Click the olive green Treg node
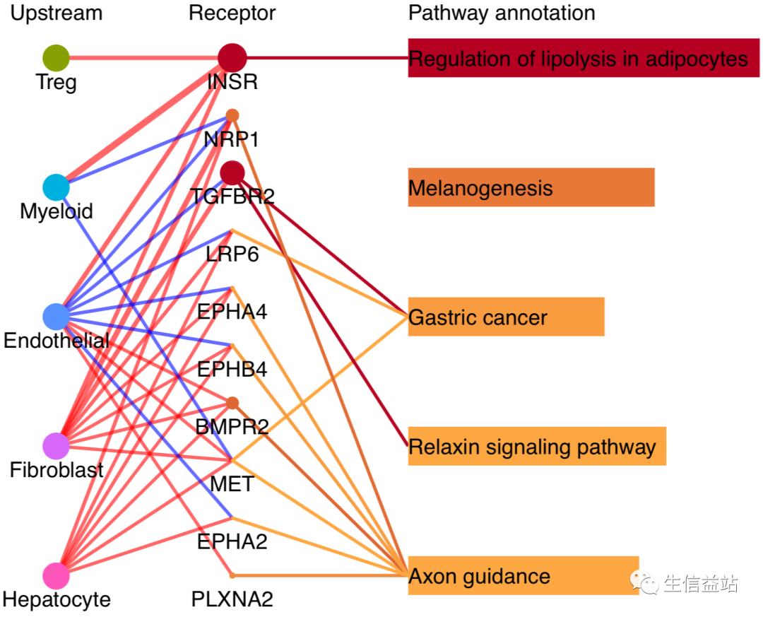56,58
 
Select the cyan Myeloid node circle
56,187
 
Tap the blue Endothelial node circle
56,317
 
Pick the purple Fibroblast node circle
56,446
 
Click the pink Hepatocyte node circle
56,575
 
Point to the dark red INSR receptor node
232,58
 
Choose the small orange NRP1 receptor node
232,115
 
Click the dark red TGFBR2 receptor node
232,173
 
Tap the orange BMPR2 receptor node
232,404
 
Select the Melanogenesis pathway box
531,187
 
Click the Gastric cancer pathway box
506,317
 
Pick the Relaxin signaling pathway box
537,446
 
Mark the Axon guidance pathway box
523,575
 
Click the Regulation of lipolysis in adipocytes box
584,58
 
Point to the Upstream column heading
57,13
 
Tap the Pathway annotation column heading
502,13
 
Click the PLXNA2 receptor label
232,599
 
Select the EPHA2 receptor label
232,542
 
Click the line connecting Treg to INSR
144,58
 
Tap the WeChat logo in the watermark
644,582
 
